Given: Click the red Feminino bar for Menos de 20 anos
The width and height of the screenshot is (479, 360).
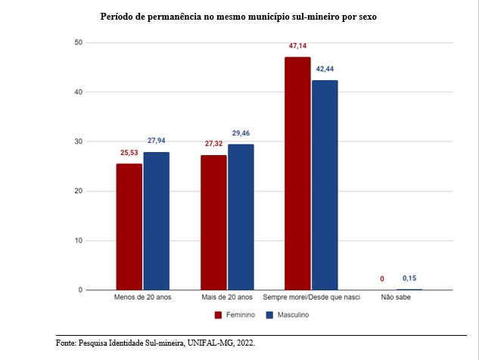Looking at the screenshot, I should coord(129,227).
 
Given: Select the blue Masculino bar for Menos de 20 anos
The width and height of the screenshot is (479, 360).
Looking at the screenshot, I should coord(157,221).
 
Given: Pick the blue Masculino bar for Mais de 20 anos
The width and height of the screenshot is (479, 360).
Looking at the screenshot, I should coord(241,217).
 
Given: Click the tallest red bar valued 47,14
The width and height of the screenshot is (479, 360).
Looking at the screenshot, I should coord(297,173).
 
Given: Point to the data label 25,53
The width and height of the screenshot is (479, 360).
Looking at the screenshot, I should coord(129,153).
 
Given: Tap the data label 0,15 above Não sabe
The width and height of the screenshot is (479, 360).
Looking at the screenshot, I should coord(409,278).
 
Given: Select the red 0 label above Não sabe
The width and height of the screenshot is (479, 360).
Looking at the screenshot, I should coord(382,278).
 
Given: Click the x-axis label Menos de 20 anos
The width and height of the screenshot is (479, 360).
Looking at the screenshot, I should coord(143,298).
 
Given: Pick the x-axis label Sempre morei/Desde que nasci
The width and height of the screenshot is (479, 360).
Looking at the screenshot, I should coord(311,298).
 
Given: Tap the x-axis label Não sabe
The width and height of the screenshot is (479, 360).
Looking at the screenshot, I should coord(397,298).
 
